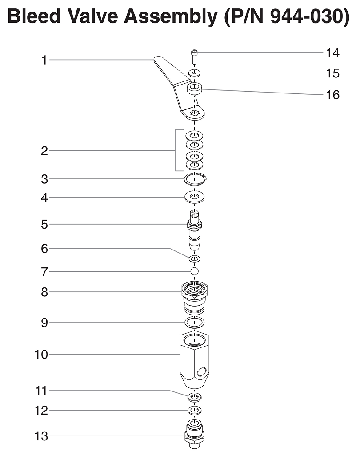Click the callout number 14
coord(332,53)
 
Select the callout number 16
coord(332,94)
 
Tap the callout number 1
coord(44,60)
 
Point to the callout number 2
coord(44,151)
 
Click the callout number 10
coord(41,355)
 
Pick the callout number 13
coord(41,436)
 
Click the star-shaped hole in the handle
coord(194,114)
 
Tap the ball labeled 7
coord(194,271)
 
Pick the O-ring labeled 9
coord(195,322)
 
